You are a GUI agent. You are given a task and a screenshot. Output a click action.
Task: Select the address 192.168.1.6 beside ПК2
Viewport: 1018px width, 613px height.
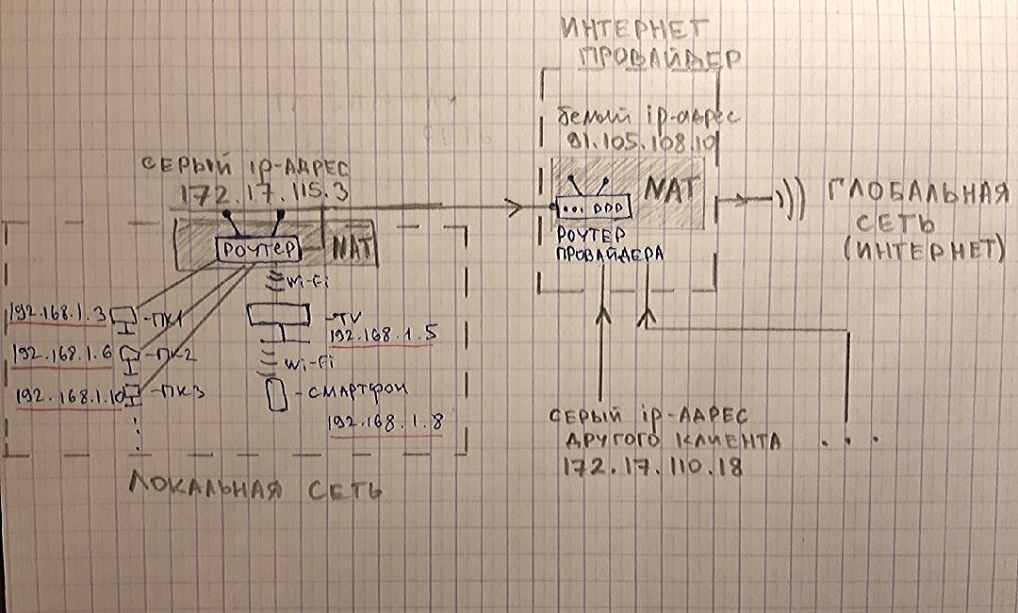(61, 355)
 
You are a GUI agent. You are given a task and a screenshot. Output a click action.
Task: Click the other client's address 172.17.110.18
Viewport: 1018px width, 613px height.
(651, 467)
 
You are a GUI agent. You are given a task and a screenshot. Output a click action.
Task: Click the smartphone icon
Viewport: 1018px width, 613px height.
(275, 394)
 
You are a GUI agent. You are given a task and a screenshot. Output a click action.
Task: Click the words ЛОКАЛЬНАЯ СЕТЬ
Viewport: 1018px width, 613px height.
(255, 489)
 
